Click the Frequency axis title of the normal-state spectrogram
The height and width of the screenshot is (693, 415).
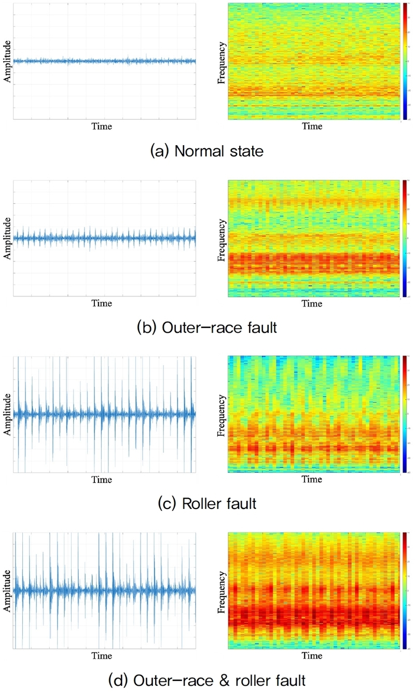(x=222, y=62)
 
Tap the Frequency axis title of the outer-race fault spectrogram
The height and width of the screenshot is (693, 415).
(x=222, y=239)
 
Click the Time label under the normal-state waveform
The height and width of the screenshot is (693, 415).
(x=102, y=126)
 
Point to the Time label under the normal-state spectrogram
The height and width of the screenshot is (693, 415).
(x=312, y=126)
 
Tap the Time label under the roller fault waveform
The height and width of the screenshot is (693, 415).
(x=102, y=479)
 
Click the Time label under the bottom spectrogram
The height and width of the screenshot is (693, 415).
(x=312, y=656)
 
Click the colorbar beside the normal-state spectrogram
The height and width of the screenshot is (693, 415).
(x=404, y=62)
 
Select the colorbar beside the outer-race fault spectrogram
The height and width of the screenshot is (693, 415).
(x=404, y=238)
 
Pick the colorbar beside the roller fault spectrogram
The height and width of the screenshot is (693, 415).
(x=404, y=414)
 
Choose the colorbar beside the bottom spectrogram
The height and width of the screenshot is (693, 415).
(x=404, y=590)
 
